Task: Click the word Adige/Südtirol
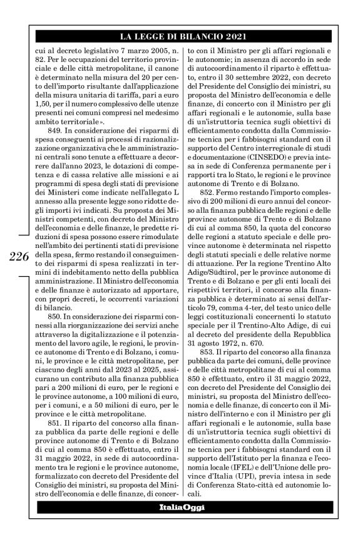tap(218, 309)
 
